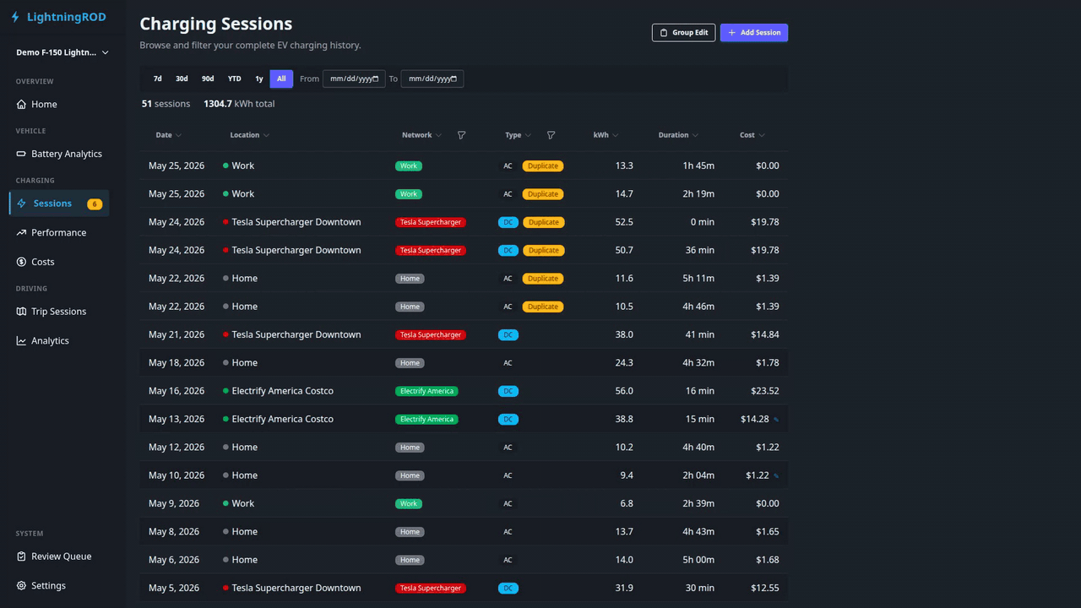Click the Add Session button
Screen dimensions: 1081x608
[754, 32]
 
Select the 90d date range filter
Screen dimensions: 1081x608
[208, 79]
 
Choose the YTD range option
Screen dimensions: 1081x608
[235, 79]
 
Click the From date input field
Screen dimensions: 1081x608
[354, 79]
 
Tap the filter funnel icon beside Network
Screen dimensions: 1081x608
[461, 135]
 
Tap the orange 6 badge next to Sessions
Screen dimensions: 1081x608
[95, 204]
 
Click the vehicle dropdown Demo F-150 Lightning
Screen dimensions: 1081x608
[62, 52]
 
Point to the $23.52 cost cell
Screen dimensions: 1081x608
[764, 391]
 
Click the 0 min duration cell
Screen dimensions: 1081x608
[702, 222]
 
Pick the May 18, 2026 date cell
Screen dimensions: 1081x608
[177, 363]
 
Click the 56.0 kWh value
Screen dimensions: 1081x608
[624, 391]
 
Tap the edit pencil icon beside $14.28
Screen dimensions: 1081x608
[776, 420]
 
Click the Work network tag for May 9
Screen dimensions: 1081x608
[408, 504]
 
